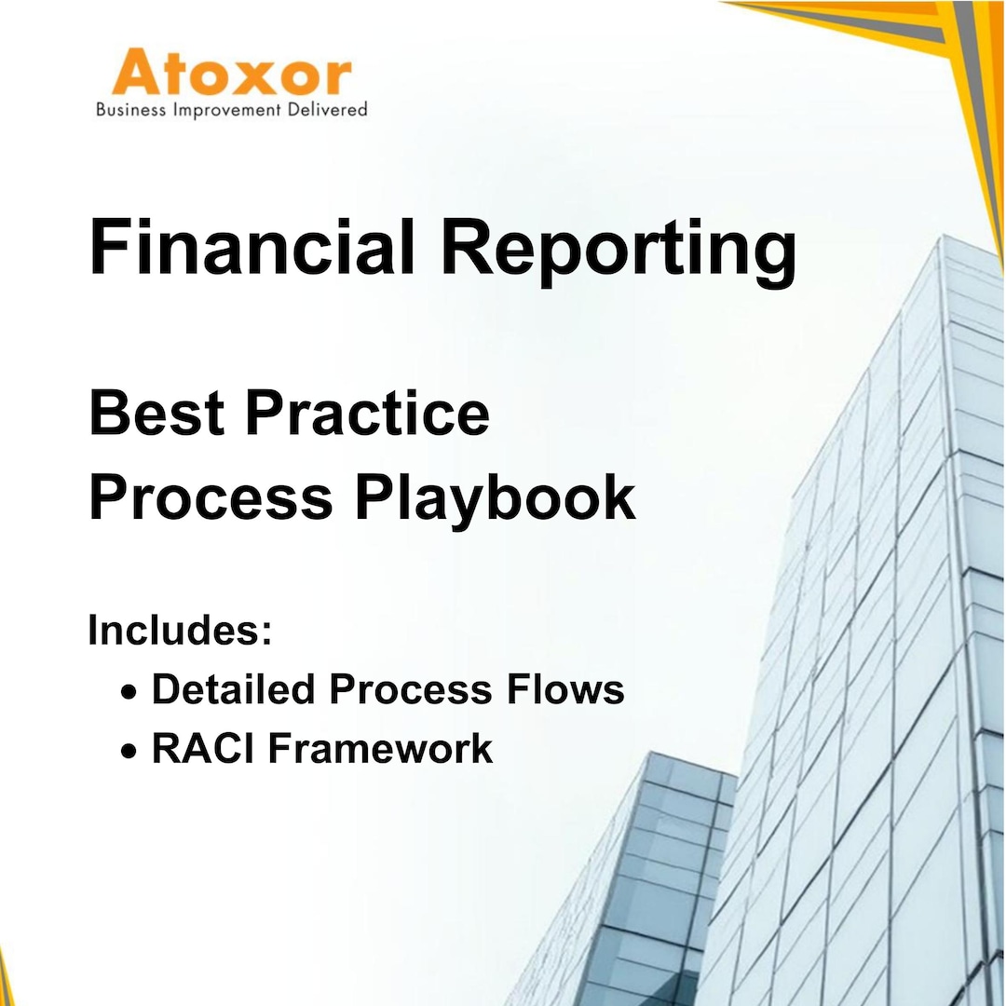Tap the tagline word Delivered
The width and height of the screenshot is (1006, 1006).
click(327, 110)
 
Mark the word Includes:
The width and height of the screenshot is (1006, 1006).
click(180, 631)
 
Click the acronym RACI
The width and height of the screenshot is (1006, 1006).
click(191, 748)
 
